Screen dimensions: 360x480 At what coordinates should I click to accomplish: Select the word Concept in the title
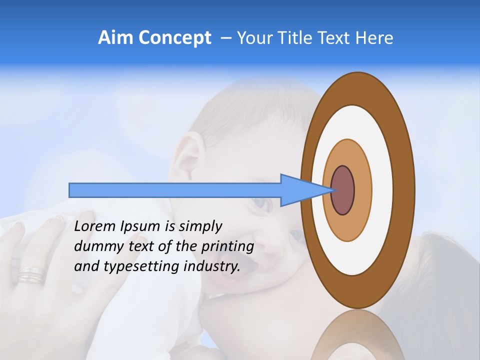(x=174, y=38)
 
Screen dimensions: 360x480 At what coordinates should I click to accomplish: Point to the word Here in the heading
(x=374, y=38)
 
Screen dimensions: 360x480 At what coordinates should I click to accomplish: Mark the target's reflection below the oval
(x=358, y=337)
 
